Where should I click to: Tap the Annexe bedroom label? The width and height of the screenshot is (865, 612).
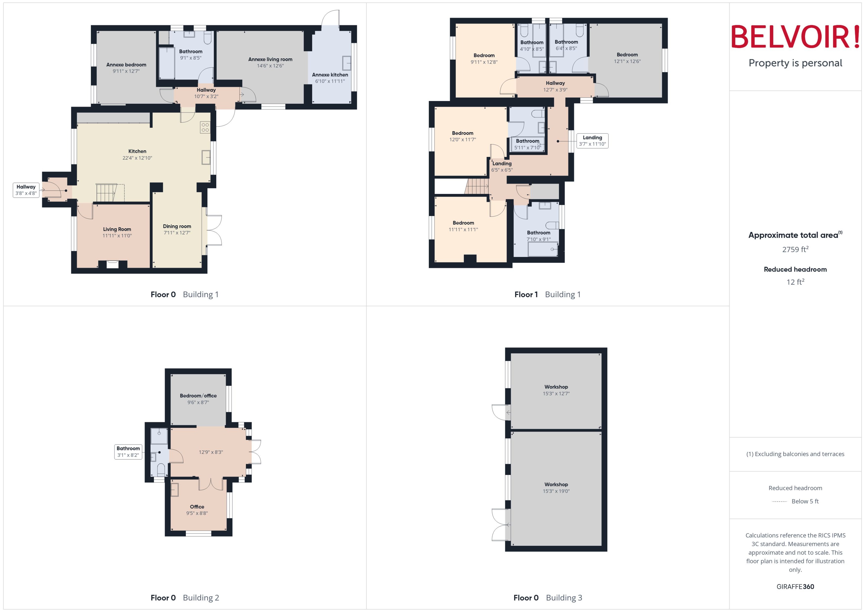tap(126, 65)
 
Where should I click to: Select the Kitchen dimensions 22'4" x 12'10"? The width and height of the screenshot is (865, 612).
tap(137, 158)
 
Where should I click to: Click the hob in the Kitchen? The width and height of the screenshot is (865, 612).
tap(205, 127)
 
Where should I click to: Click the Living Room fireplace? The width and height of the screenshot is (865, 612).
tap(112, 264)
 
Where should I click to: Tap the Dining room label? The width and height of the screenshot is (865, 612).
tap(177, 227)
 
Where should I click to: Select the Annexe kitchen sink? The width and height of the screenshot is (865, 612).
tap(346, 63)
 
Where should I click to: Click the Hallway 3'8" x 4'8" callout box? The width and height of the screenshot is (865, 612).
tap(26, 190)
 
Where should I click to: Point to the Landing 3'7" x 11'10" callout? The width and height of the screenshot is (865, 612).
tap(592, 141)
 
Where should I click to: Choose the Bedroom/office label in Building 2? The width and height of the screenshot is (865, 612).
tap(198, 396)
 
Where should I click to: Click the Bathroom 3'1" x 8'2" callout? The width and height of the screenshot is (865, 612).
tap(128, 451)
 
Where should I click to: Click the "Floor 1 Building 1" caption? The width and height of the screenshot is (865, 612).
tap(547, 295)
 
